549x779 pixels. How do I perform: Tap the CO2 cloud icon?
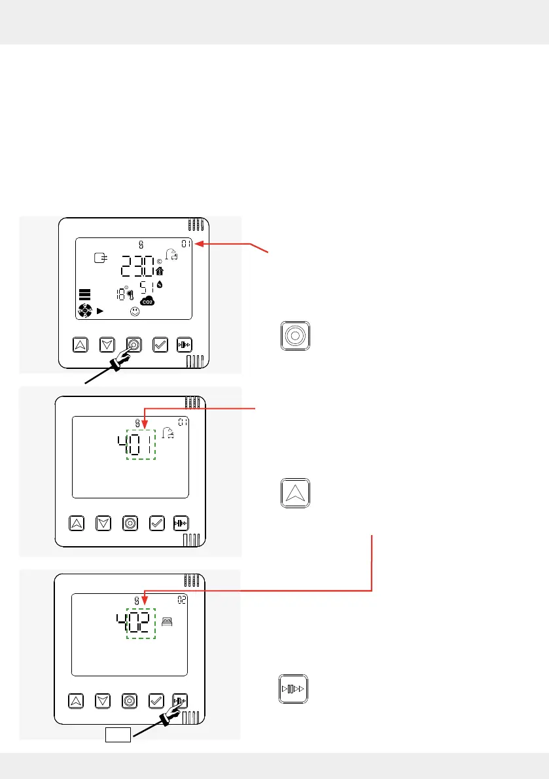(148, 301)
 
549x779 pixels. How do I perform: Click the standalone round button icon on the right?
(294, 334)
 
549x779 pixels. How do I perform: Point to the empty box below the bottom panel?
(118, 736)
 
